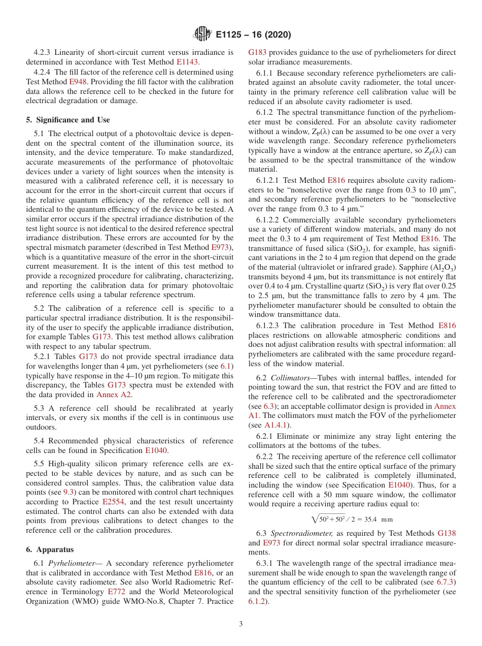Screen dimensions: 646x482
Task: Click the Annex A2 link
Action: tap(114, 395)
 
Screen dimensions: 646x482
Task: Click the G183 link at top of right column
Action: tap(257, 52)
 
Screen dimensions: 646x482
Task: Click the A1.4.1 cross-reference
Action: tap(277, 425)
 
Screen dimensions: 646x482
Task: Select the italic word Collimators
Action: tap(292, 378)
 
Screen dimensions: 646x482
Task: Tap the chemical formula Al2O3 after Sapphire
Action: tap(442, 268)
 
